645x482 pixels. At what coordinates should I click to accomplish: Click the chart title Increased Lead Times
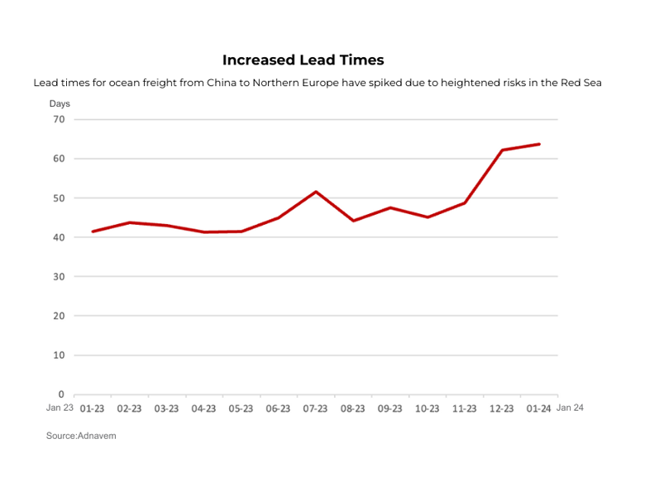pos(303,60)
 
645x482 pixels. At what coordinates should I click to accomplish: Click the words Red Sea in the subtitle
pos(580,83)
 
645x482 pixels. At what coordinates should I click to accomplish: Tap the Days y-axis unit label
pos(60,103)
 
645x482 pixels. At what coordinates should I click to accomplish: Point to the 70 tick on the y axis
pos(59,119)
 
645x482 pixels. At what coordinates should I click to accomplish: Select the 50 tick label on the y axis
pos(59,198)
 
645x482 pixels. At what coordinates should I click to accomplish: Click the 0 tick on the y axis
pos(61,394)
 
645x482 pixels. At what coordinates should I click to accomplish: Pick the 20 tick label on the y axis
pos(59,316)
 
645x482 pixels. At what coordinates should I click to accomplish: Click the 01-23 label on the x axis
pos(92,408)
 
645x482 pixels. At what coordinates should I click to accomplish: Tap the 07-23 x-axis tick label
pos(315,408)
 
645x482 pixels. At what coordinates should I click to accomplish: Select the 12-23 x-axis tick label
pos(502,408)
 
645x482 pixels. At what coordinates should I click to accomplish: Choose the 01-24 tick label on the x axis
pos(539,408)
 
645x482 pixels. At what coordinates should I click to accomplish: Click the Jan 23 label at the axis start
pos(60,408)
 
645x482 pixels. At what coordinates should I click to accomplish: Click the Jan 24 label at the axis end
pos(571,408)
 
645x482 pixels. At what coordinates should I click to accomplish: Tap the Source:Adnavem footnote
pos(81,436)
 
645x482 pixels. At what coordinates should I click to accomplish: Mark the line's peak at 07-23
pos(316,192)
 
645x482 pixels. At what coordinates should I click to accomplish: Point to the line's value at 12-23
pos(502,150)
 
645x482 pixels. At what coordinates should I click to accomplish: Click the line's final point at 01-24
pos(539,144)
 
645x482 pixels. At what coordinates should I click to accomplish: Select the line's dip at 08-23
pos(353,221)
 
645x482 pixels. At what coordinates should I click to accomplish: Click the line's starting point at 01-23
pos(93,231)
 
